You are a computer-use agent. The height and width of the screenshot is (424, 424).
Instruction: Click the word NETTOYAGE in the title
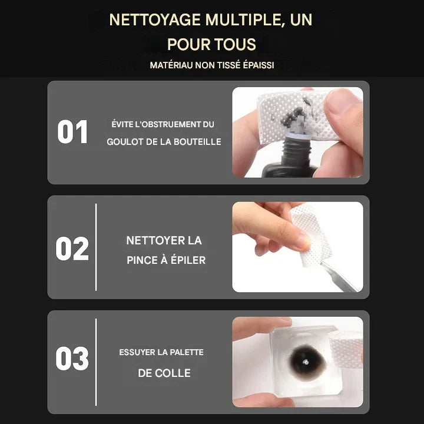pos(155,20)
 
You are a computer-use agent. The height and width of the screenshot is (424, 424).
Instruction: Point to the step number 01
pos(72,132)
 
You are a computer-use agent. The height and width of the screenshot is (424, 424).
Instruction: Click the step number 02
pos(72,249)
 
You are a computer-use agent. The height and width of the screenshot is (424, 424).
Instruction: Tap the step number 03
pos(72,358)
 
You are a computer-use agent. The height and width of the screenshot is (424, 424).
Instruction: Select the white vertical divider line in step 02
pos(96,247)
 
